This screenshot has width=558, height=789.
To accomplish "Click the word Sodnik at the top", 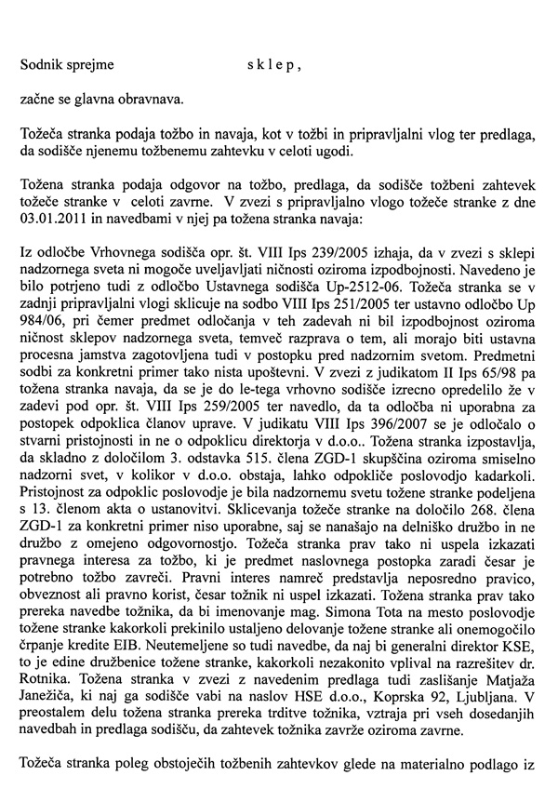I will (x=43, y=64).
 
